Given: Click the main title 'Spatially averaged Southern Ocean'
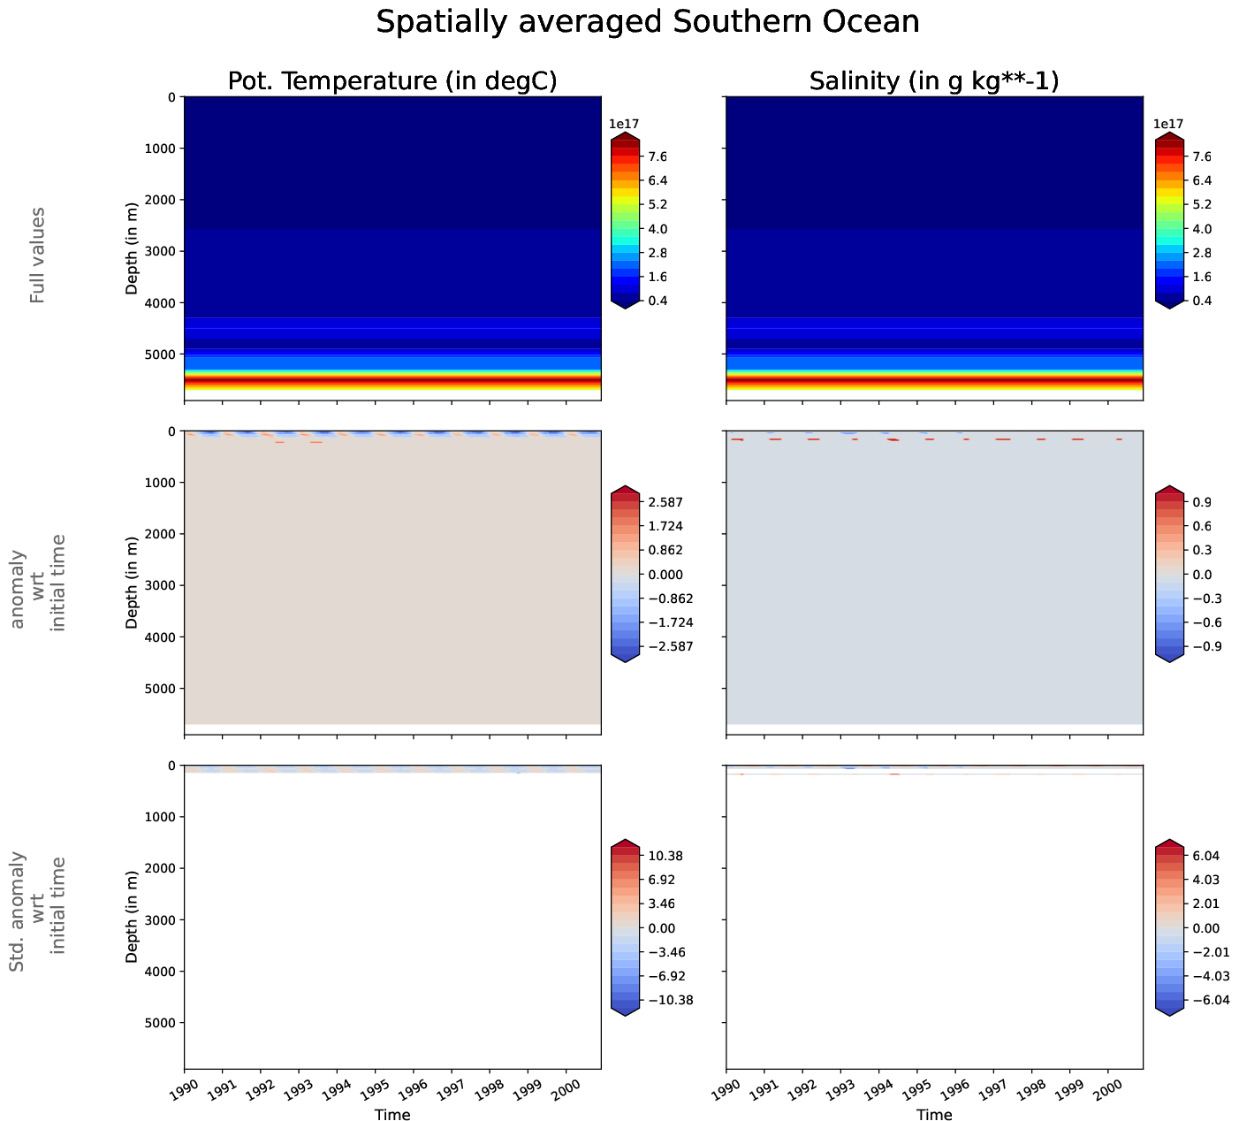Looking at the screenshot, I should [x=647, y=22].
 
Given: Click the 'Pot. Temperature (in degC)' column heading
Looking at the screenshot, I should [x=391, y=80].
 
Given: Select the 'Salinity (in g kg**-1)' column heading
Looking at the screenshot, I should [x=934, y=80].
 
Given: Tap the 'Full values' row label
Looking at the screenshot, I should [x=37, y=255].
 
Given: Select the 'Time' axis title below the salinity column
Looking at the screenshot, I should [x=934, y=1115].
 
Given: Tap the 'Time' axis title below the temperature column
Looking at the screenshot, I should [x=391, y=1115].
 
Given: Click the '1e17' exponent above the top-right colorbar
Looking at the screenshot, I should [x=1168, y=125].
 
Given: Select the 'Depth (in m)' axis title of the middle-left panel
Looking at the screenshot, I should [x=132, y=582].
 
